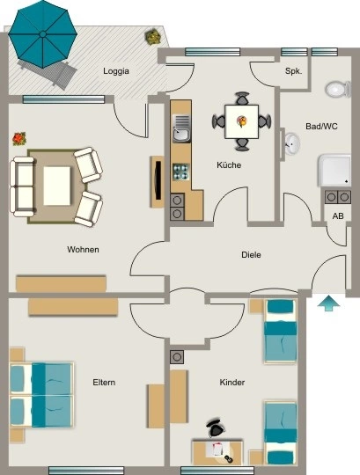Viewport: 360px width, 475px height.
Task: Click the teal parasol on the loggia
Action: click(x=43, y=34)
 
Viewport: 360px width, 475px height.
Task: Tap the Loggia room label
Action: click(x=116, y=71)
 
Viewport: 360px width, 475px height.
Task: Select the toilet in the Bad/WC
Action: click(x=338, y=89)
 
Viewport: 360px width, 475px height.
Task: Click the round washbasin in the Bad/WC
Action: click(x=292, y=143)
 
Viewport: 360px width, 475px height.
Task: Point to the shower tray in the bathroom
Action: click(x=334, y=171)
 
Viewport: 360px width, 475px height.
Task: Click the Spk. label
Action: click(x=293, y=71)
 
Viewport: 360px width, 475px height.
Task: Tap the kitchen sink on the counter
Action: click(x=181, y=128)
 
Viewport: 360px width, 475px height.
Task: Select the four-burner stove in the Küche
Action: click(x=181, y=172)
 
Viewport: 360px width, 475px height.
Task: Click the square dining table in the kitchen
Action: click(x=241, y=121)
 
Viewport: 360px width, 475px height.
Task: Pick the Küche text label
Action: click(x=229, y=165)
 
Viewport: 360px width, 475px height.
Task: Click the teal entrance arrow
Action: click(x=329, y=303)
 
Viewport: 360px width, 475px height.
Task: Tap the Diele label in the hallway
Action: click(x=251, y=255)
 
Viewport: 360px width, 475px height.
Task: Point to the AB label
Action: click(x=338, y=216)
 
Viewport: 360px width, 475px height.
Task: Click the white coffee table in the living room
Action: click(x=57, y=186)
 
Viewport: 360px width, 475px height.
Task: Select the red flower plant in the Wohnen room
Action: click(x=19, y=139)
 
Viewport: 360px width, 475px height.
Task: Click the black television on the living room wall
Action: click(x=158, y=181)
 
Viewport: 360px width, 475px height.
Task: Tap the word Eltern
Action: click(x=104, y=383)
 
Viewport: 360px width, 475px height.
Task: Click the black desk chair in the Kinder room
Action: click(x=216, y=427)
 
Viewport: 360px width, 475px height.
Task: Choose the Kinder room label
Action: click(x=231, y=383)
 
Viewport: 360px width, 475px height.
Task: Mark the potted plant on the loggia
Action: click(x=153, y=36)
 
